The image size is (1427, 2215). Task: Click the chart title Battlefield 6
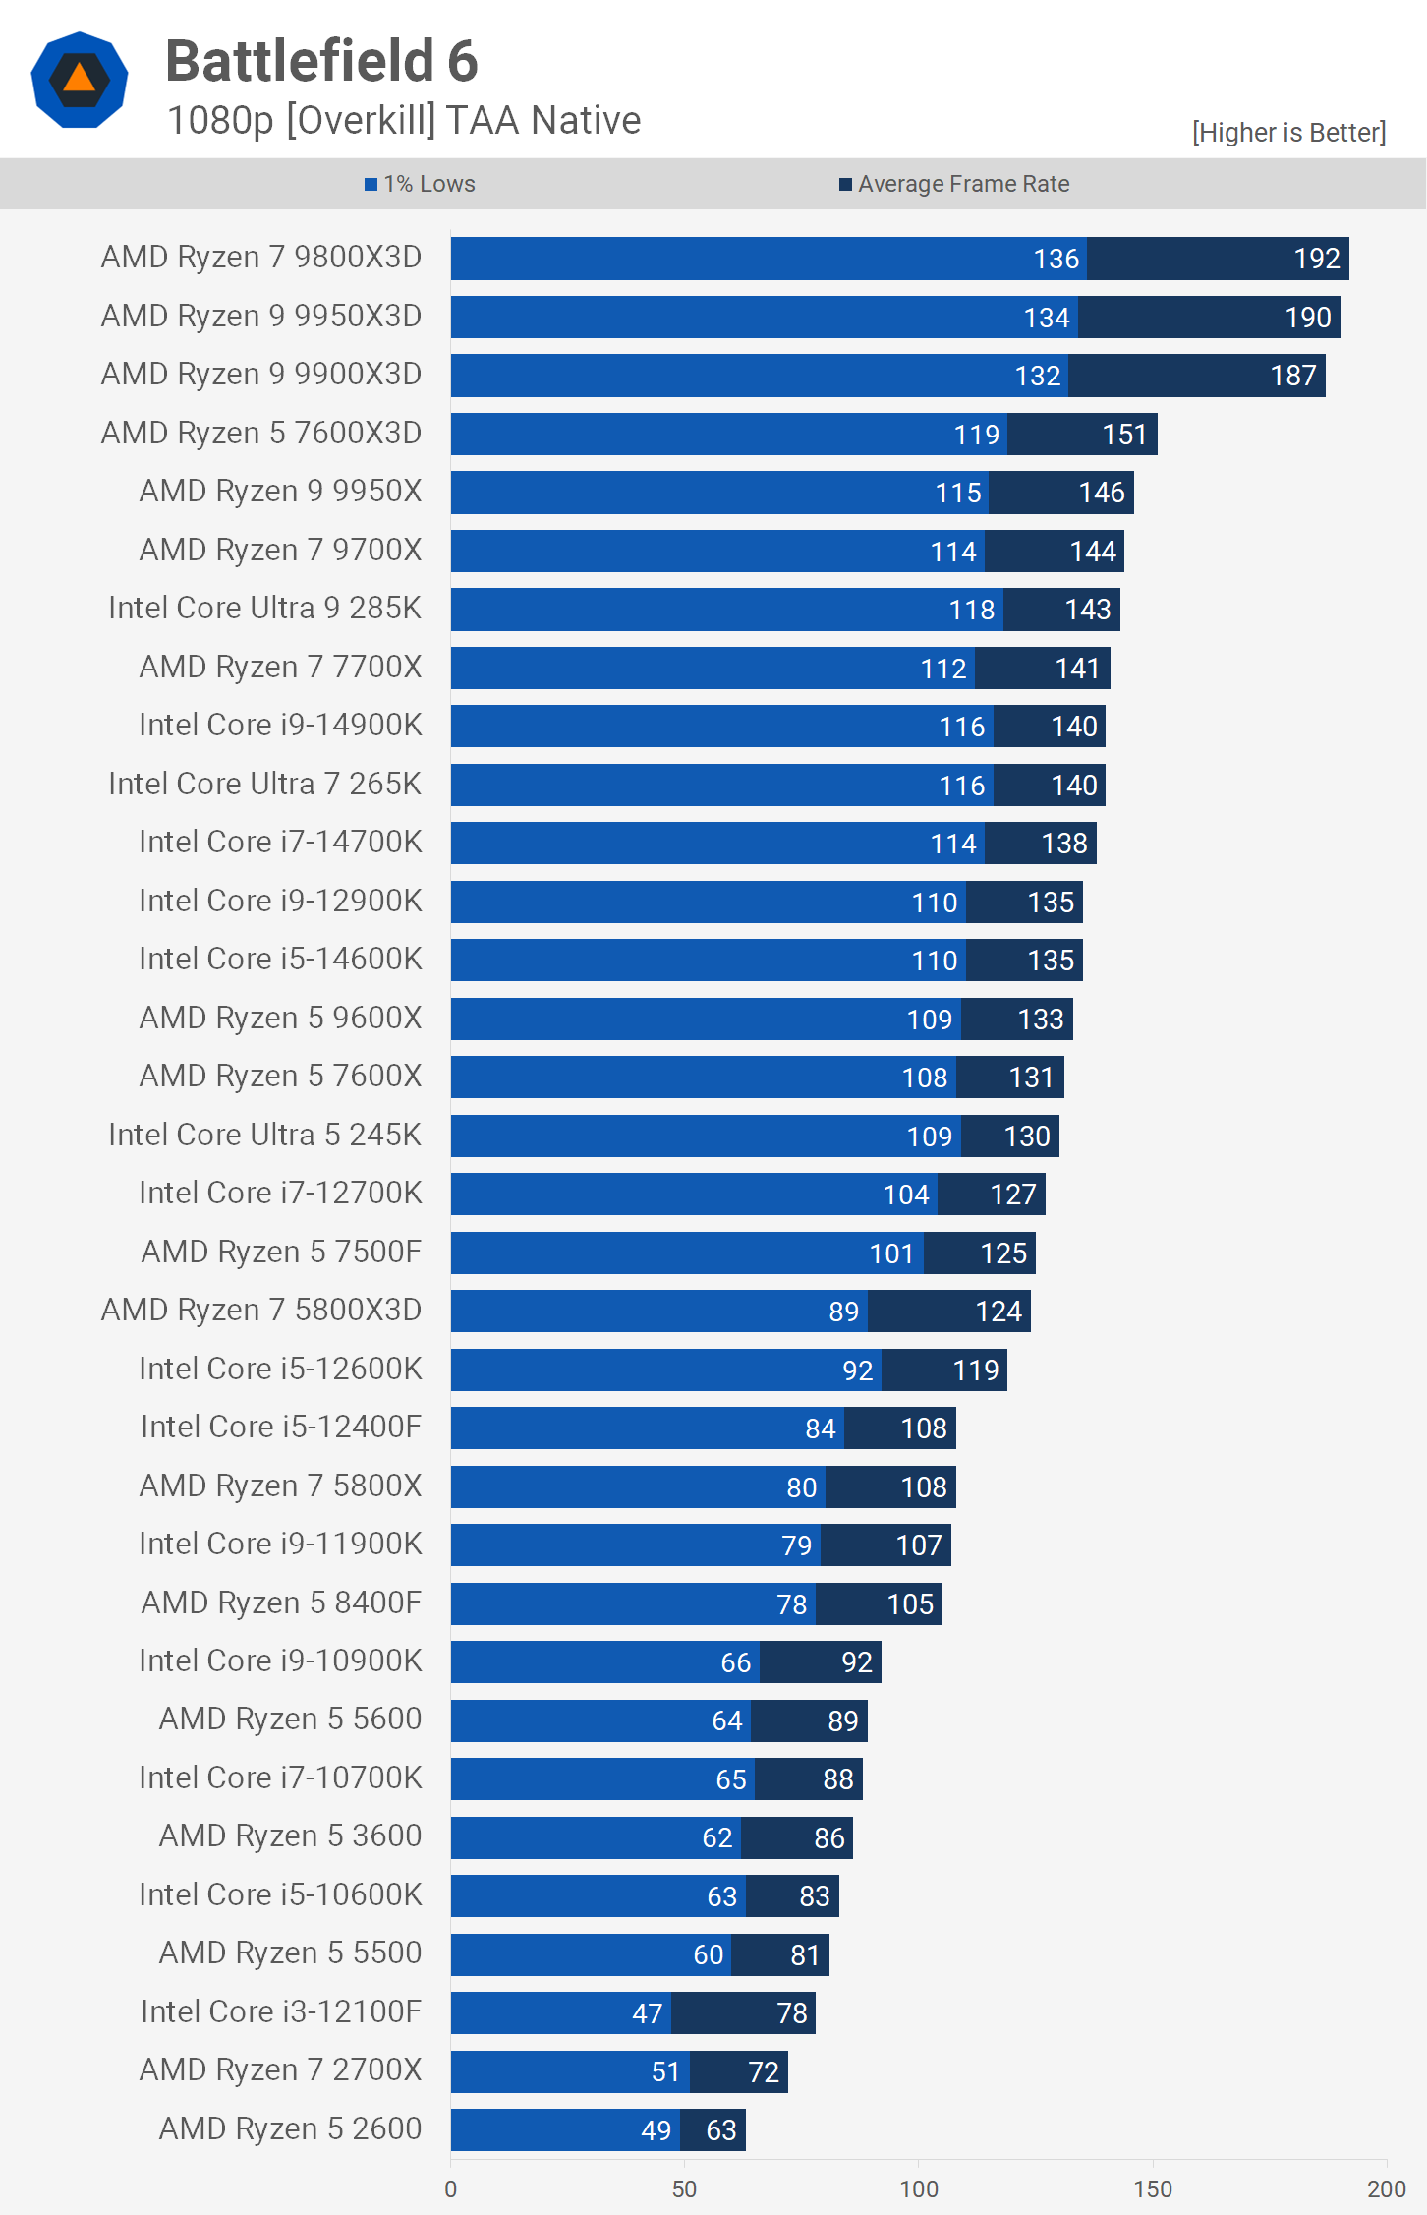pyautogui.click(x=321, y=61)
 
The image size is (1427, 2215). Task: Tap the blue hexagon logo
pyautogui.click(x=80, y=80)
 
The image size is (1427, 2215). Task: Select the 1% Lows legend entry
pyautogui.click(x=420, y=184)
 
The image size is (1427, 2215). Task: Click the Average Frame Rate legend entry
pyautogui.click(x=954, y=184)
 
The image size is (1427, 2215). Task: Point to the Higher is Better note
pyautogui.click(x=1288, y=133)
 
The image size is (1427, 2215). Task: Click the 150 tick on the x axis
pyautogui.click(x=1153, y=2188)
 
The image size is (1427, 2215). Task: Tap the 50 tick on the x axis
pyautogui.click(x=684, y=2188)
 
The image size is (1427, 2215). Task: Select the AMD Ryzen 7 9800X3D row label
pyautogui.click(x=261, y=258)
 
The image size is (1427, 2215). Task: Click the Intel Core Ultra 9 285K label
pyautogui.click(x=264, y=609)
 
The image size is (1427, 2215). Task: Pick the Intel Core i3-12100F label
pyautogui.click(x=281, y=2011)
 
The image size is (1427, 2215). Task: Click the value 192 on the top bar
pyautogui.click(x=1317, y=259)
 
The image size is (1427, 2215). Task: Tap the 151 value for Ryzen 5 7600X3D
pyautogui.click(x=1124, y=435)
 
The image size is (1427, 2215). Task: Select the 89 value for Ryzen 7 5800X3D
pyautogui.click(x=843, y=1312)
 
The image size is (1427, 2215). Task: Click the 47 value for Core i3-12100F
pyautogui.click(x=647, y=2013)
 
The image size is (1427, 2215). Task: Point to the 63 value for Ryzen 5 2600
pyautogui.click(x=720, y=2130)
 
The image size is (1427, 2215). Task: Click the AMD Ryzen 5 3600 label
pyautogui.click(x=290, y=1836)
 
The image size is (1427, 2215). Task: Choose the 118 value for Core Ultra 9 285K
pyautogui.click(x=972, y=610)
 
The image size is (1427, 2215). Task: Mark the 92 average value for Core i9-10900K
pyautogui.click(x=856, y=1662)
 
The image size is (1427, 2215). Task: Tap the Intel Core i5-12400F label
pyautogui.click(x=281, y=1427)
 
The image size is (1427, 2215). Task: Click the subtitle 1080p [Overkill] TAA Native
pyautogui.click(x=404, y=121)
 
